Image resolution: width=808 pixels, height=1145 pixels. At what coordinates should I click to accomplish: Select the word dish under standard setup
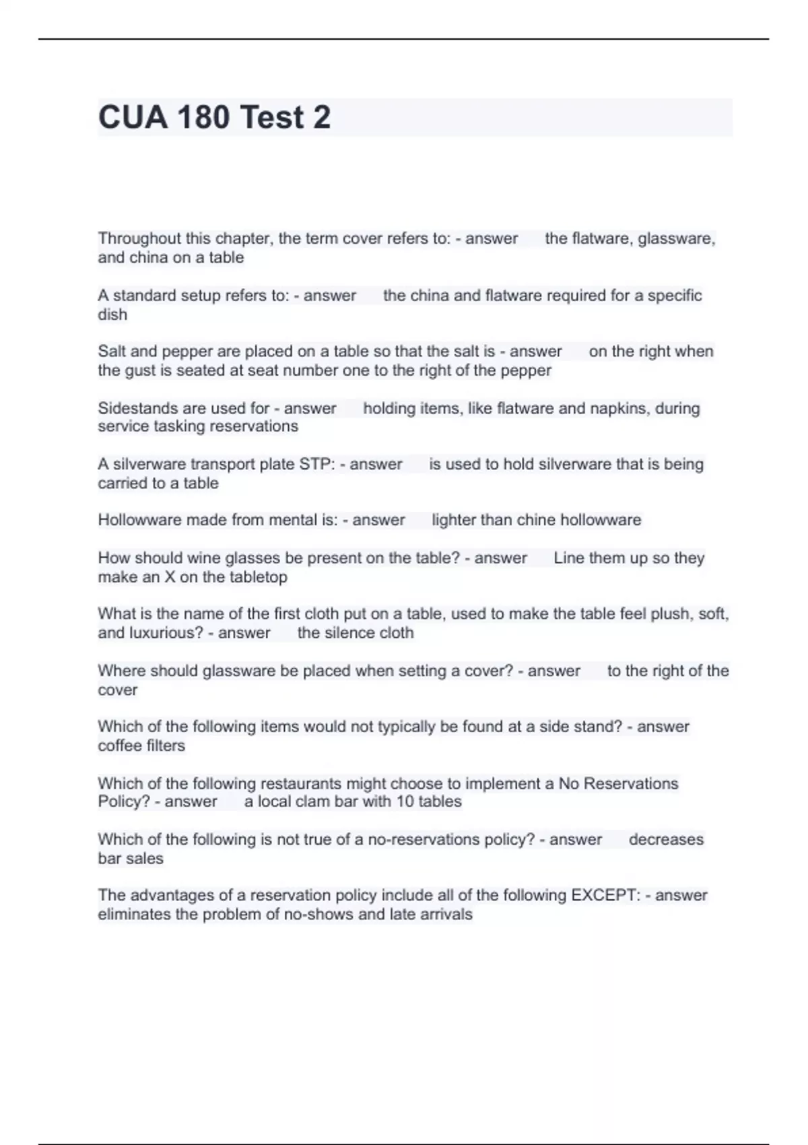[112, 315]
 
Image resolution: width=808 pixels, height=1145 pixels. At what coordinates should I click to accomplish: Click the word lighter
[455, 520]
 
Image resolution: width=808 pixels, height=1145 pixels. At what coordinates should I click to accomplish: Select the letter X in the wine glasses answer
[170, 577]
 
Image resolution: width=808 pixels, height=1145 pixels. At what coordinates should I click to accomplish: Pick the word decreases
[666, 839]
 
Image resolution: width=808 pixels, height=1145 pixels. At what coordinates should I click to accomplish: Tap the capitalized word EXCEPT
[605, 895]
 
